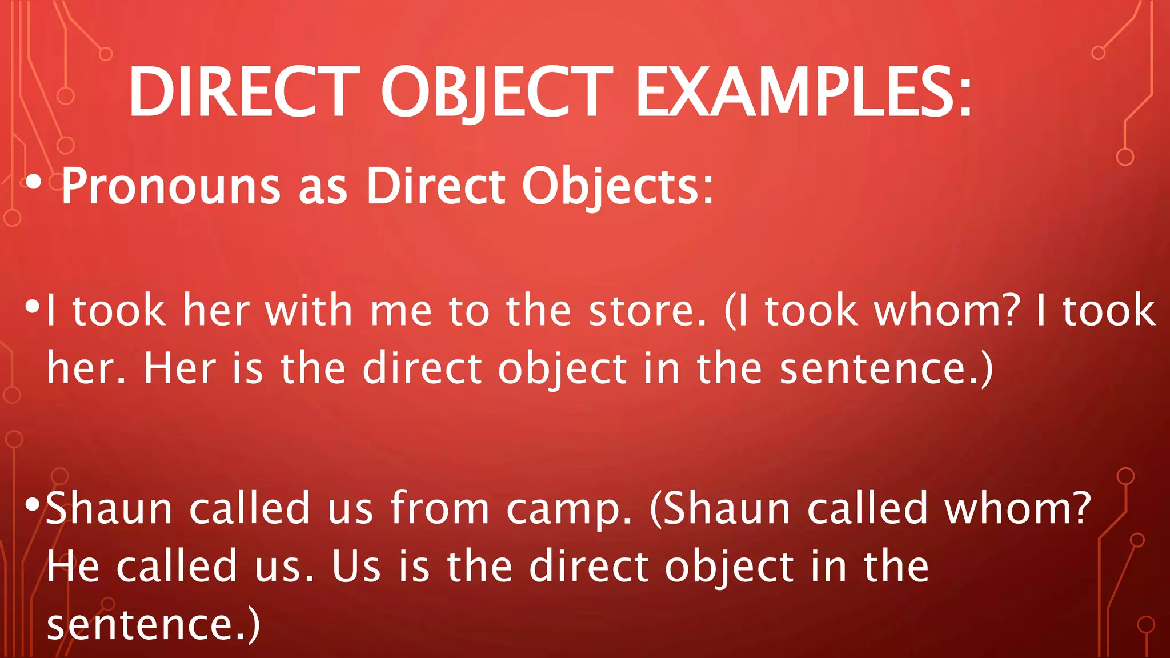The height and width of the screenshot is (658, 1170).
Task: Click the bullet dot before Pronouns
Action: (34, 183)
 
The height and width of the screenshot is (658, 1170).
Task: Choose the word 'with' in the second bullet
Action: (308, 311)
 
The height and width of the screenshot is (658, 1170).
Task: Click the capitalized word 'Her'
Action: (180, 369)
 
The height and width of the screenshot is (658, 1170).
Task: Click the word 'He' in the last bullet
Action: (73, 567)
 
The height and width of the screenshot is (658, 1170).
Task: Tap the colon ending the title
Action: (965, 98)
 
